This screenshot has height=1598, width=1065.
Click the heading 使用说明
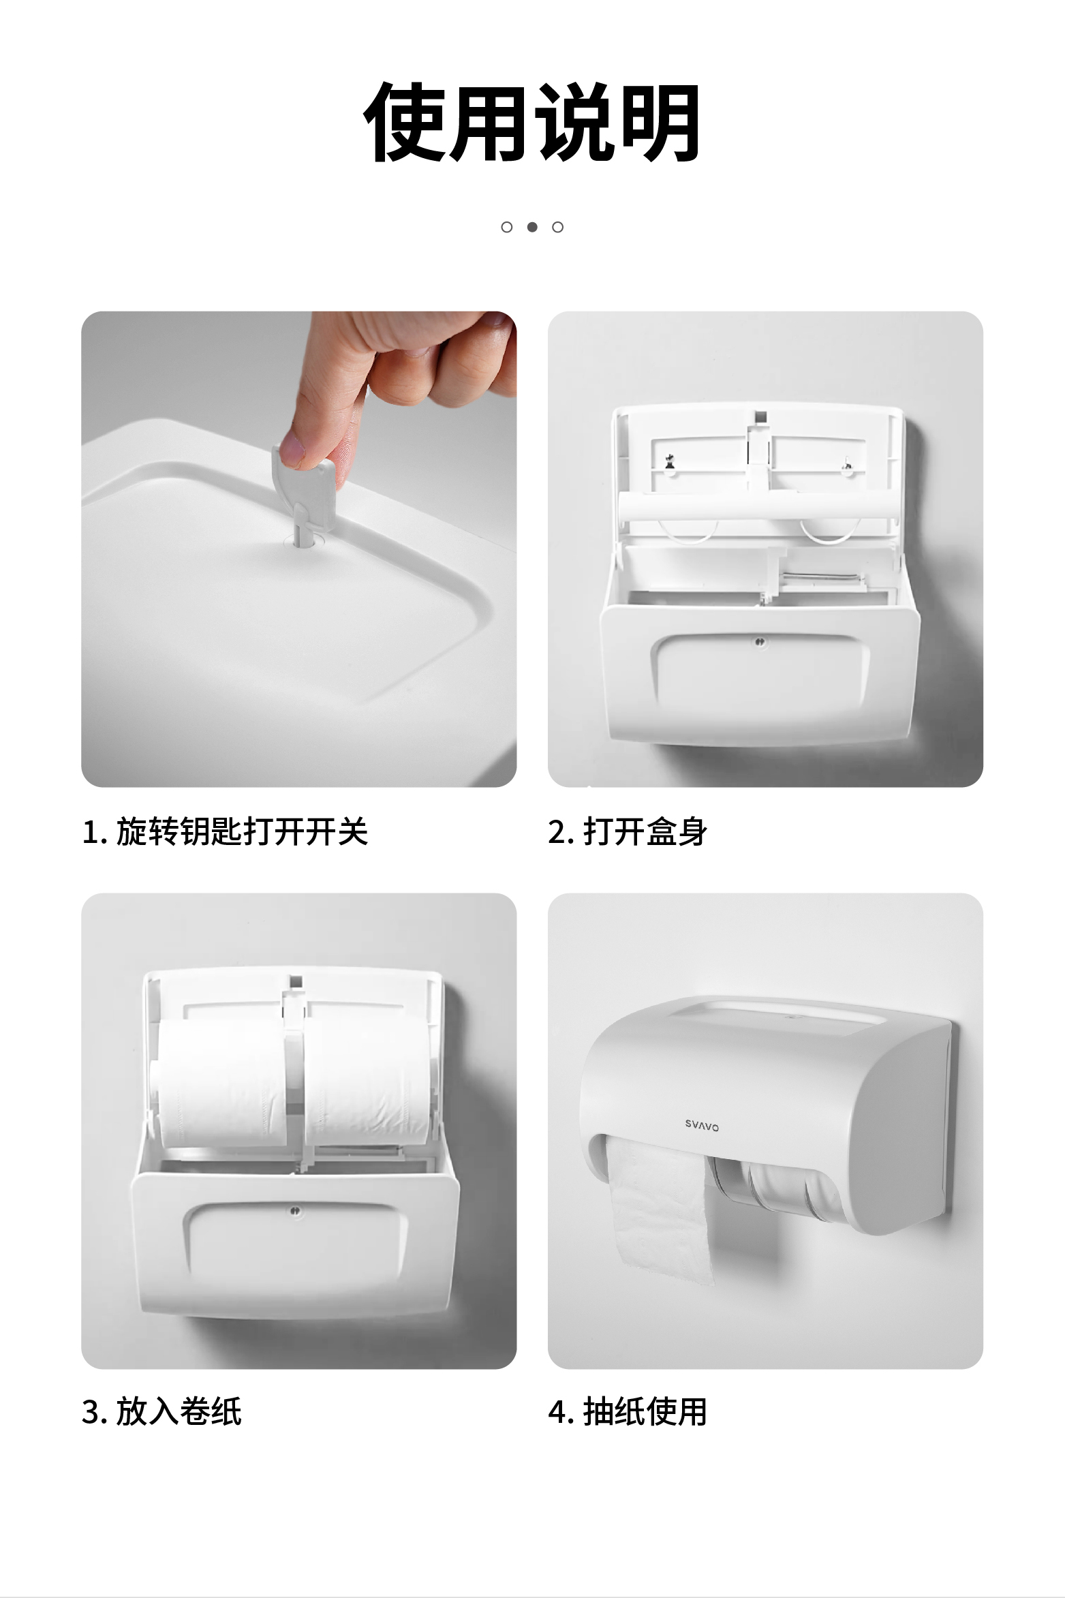point(532,123)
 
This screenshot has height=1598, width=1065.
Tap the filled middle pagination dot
point(532,227)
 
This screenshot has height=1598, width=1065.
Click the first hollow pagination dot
point(507,227)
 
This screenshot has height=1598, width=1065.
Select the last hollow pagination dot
point(558,227)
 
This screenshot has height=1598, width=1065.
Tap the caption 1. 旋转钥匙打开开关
point(225,832)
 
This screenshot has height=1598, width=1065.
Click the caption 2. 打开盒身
point(628,832)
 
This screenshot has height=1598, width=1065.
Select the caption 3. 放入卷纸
point(161,1411)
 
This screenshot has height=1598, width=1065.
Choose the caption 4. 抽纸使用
point(628,1411)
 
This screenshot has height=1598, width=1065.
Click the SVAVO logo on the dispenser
point(702,1126)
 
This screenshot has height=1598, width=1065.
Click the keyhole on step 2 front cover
point(760,642)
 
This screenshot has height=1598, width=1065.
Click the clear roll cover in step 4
point(775,1187)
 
